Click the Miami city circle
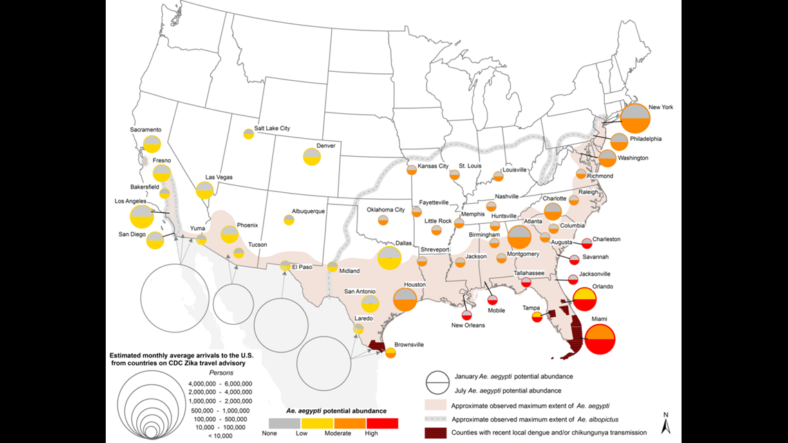pos(599,340)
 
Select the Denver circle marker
pos(312,157)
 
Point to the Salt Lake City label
pos(272,129)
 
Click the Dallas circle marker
pos(389,258)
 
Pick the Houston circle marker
pos(404,299)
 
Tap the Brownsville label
pos(410,344)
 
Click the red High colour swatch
pos(384,422)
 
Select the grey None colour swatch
pos(284,422)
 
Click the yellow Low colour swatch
pos(317,422)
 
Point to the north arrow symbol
pos(664,423)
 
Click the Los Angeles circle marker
pos(142,216)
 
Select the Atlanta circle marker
pos(519,237)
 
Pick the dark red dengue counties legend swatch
pos(435,432)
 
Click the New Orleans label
pos(468,325)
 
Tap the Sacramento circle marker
pos(153,144)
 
